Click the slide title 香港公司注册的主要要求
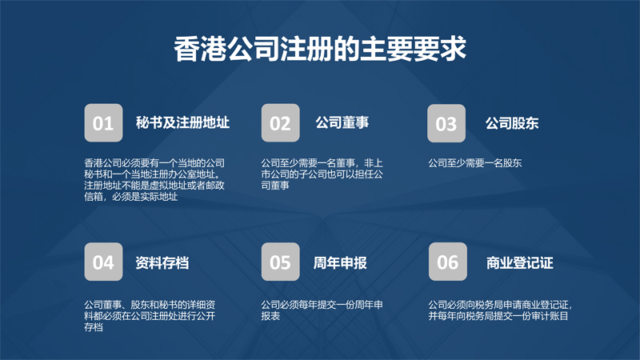[x=320, y=49]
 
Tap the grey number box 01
[x=103, y=123]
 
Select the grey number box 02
[x=281, y=123]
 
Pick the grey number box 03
[x=446, y=123]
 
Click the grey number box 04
[x=103, y=262]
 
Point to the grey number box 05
[x=281, y=262]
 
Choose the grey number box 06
[x=448, y=262]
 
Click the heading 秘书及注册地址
[x=182, y=122]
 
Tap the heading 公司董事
[x=342, y=122]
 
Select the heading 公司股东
[x=512, y=123]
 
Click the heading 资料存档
[x=162, y=263]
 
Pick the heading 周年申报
[x=340, y=263]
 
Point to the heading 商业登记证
[x=519, y=263]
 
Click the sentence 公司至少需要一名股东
[x=474, y=163]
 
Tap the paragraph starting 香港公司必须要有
[x=154, y=180]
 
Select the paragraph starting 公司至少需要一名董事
[x=322, y=174]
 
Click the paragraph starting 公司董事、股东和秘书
[x=150, y=316]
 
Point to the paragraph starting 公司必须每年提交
[x=322, y=310]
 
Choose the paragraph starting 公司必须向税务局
[x=500, y=310]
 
